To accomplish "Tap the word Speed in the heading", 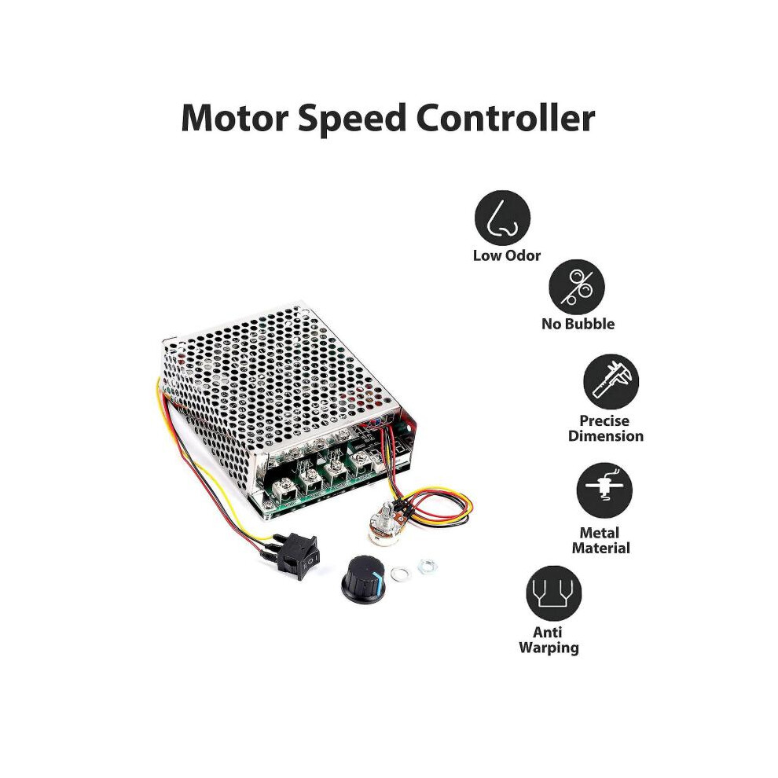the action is coord(351,120).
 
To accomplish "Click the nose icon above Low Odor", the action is coord(502,218).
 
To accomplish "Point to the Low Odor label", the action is coord(506,255).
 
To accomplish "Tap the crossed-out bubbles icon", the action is coord(577,287).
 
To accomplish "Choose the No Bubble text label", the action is coord(578,324).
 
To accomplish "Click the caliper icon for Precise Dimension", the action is coord(611,382).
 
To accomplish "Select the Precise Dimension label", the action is coord(605,428).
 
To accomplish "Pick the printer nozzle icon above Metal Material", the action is coord(604,490).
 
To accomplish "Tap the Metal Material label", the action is coord(600,541).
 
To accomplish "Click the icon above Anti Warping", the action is coord(554,593).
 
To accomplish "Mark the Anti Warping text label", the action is coord(549,640).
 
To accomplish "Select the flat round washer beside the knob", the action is coord(401,574).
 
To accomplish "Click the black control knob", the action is coord(364,579).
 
